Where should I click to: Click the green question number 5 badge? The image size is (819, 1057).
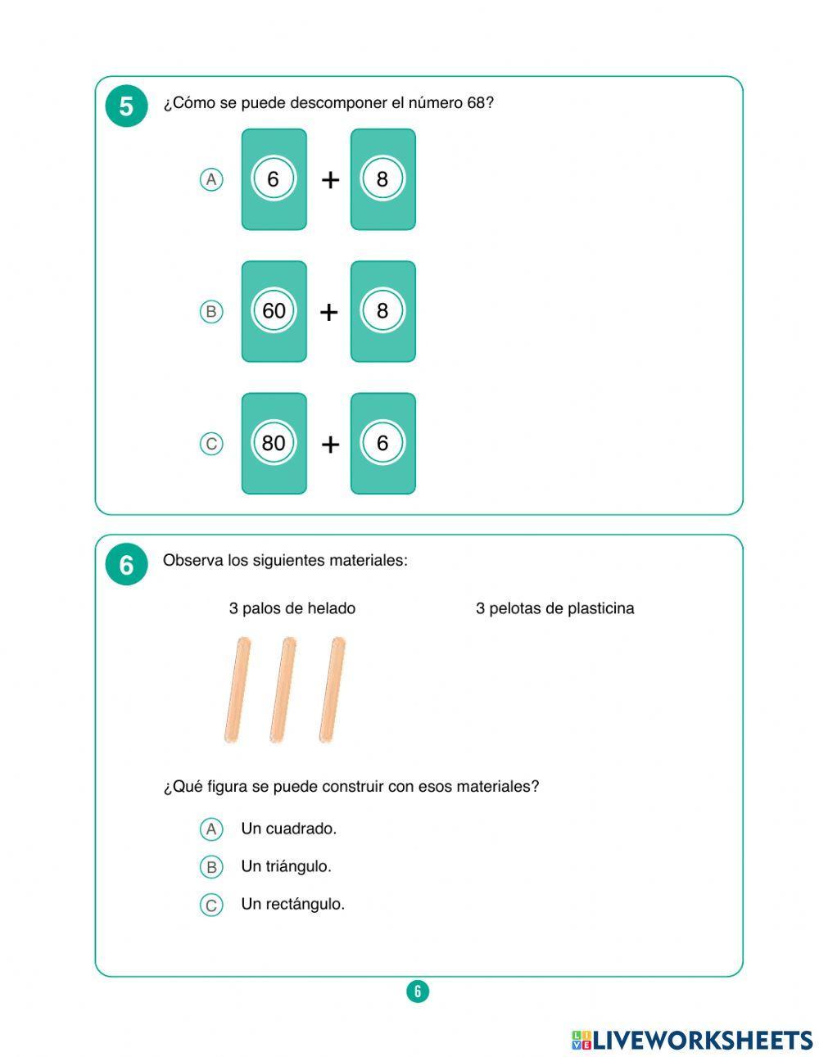pyautogui.click(x=126, y=106)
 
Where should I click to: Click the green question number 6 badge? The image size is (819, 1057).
pyautogui.click(x=126, y=565)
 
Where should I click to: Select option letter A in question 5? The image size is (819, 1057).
pyautogui.click(x=211, y=179)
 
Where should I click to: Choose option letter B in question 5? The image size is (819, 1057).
pyautogui.click(x=211, y=311)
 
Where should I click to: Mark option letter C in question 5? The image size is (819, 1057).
pyautogui.click(x=211, y=444)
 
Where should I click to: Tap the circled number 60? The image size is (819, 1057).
pyautogui.click(x=274, y=311)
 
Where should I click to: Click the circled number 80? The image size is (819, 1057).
pyautogui.click(x=274, y=443)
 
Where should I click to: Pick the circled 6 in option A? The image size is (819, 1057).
pyautogui.click(x=274, y=179)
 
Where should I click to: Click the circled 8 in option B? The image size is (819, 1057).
pyautogui.click(x=382, y=311)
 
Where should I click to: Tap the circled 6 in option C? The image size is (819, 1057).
pyautogui.click(x=382, y=443)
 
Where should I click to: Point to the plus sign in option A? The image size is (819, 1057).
pyautogui.click(x=329, y=180)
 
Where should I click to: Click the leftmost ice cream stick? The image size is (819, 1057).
pyautogui.click(x=237, y=690)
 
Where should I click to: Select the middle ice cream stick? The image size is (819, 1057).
pyautogui.click(x=283, y=690)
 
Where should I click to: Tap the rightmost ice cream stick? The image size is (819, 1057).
pyautogui.click(x=332, y=690)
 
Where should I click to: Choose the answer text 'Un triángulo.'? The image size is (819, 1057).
pyautogui.click(x=286, y=866)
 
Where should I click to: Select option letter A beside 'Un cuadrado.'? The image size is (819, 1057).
pyautogui.click(x=211, y=829)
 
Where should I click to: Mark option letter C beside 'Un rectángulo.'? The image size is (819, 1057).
pyautogui.click(x=211, y=905)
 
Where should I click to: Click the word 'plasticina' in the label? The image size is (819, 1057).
pyautogui.click(x=600, y=608)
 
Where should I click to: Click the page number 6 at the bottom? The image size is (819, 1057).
pyautogui.click(x=418, y=992)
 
